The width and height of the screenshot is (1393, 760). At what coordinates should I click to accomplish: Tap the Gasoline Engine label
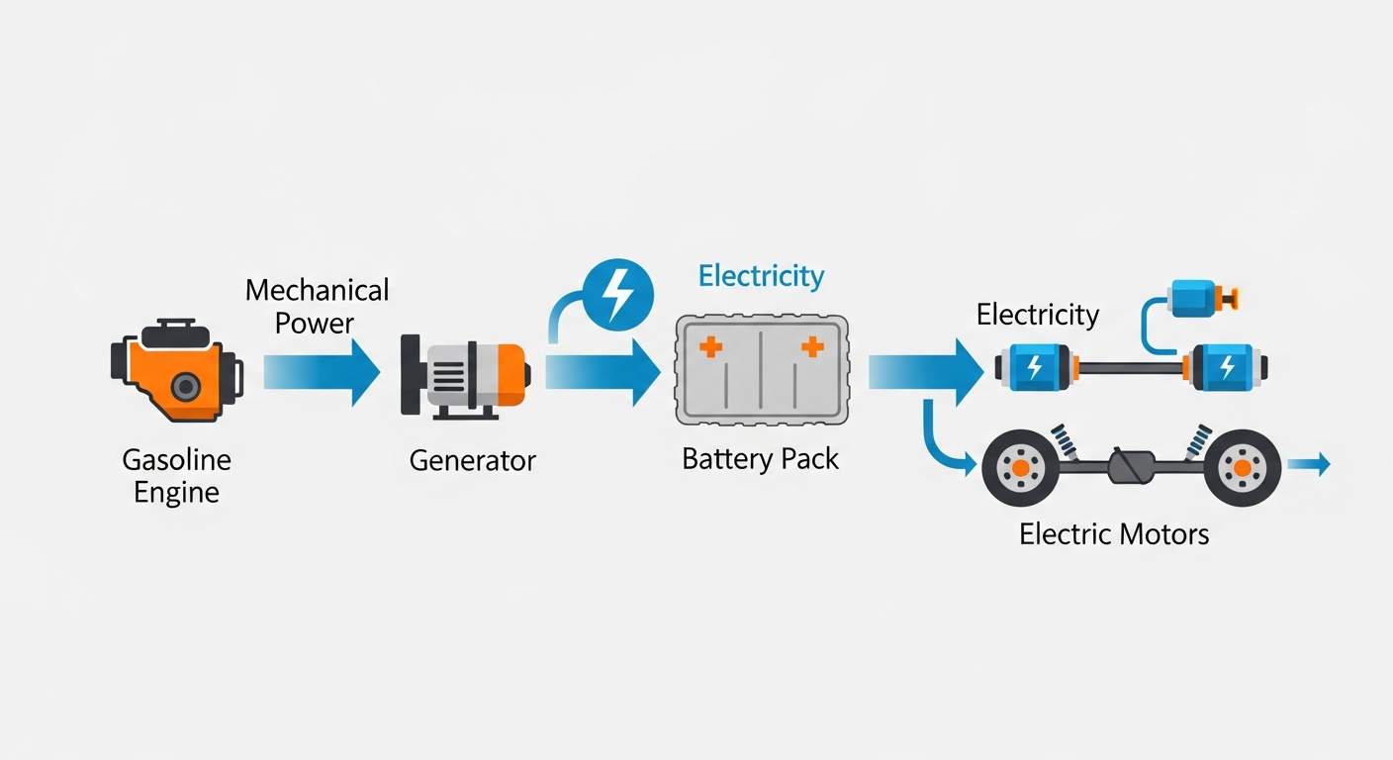tap(176, 476)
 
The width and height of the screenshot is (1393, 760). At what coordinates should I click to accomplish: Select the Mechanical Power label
tap(317, 306)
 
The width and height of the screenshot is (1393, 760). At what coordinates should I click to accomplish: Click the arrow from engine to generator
tap(323, 372)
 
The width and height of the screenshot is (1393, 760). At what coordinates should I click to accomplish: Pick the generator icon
tap(464, 373)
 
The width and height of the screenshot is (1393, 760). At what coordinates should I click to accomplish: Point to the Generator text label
tap(472, 460)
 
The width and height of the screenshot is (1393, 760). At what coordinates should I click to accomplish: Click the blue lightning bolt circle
tap(618, 292)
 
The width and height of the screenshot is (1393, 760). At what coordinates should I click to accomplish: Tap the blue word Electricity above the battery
tap(761, 276)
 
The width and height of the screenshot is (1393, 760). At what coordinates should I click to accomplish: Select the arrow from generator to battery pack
tap(603, 372)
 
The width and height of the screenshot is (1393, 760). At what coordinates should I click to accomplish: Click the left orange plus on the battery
tap(710, 346)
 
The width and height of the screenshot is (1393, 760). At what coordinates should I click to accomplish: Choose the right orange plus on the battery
tap(812, 346)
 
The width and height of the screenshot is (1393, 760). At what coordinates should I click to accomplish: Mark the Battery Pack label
tap(761, 459)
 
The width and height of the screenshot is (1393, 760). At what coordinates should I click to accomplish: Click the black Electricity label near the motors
tap(1037, 315)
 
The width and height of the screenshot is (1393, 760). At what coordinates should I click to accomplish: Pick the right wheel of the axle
tap(1242, 466)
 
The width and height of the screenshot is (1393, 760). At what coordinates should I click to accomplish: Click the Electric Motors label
tap(1114, 535)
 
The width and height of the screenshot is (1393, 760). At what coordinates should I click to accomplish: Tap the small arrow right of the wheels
tap(1310, 464)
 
